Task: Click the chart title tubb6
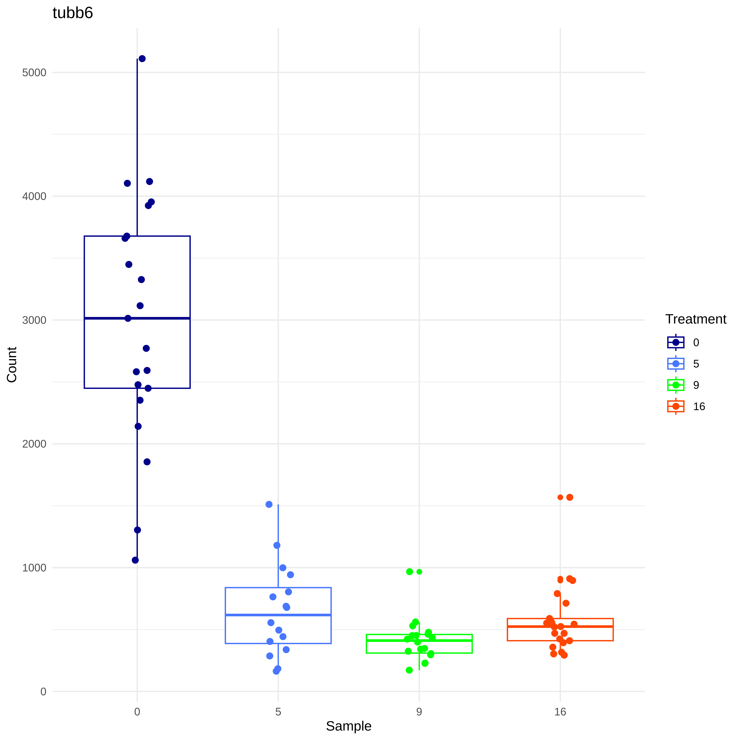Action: pyautogui.click(x=73, y=13)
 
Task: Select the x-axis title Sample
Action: pyautogui.click(x=349, y=726)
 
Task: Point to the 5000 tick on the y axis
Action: pyautogui.click(x=34, y=72)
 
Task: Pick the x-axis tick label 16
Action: pyautogui.click(x=560, y=712)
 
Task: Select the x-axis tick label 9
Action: pyautogui.click(x=419, y=712)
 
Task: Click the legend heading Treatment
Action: pyautogui.click(x=696, y=319)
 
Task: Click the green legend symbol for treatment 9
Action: pyautogui.click(x=676, y=385)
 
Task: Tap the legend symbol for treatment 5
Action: pyautogui.click(x=676, y=363)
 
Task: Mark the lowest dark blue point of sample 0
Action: pyautogui.click(x=135, y=560)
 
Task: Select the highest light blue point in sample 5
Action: pyautogui.click(x=269, y=504)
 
